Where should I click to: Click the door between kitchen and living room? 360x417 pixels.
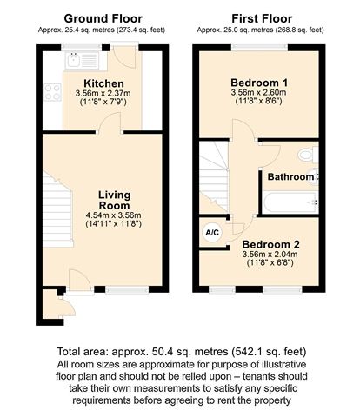(109, 129)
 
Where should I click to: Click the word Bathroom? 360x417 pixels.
(292, 177)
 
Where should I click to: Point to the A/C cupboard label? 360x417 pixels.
(211, 232)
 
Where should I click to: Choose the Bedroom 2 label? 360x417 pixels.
(270, 244)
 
